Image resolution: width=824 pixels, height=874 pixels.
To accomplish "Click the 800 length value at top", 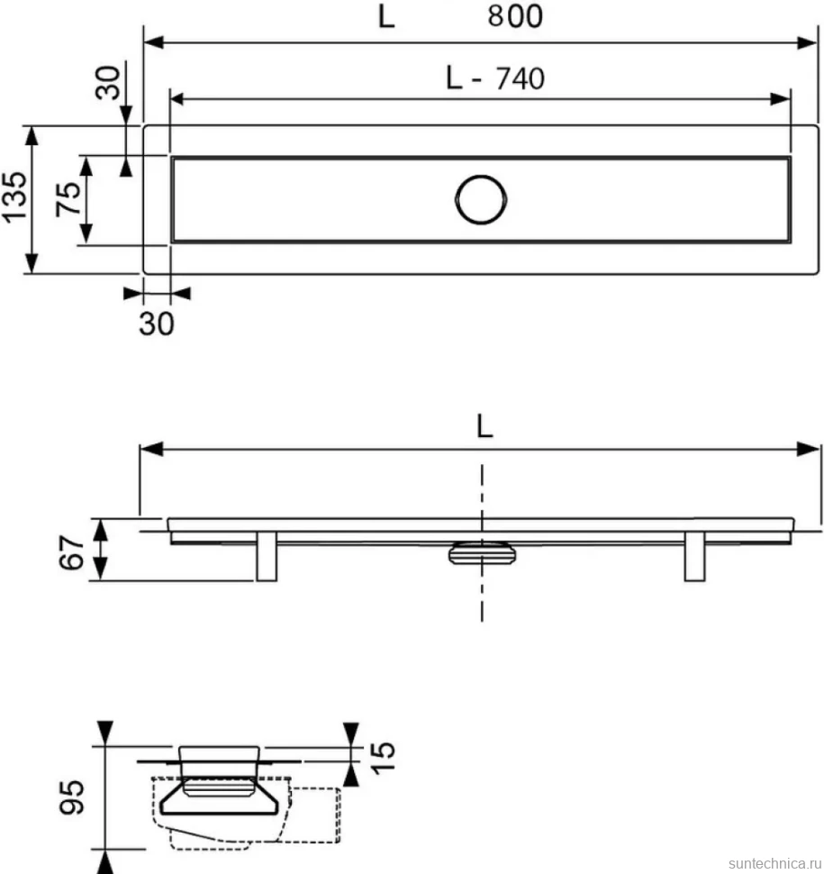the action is (x=515, y=16).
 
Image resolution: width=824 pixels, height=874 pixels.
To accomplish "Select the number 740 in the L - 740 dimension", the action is (x=520, y=78).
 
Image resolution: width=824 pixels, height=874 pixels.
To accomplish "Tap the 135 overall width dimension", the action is (x=14, y=197).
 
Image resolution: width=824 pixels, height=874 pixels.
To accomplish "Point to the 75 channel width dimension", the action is (x=68, y=199).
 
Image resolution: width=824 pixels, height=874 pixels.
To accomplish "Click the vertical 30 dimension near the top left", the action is (x=108, y=83).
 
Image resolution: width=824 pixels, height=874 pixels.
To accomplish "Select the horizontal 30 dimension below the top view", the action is (x=157, y=323).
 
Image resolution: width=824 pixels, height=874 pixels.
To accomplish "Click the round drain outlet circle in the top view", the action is (x=481, y=199).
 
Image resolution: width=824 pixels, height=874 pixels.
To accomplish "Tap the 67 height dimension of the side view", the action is (x=72, y=552).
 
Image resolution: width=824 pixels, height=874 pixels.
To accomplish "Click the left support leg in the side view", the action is (x=267, y=556).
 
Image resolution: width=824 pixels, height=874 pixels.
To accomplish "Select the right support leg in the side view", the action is (x=694, y=556).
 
